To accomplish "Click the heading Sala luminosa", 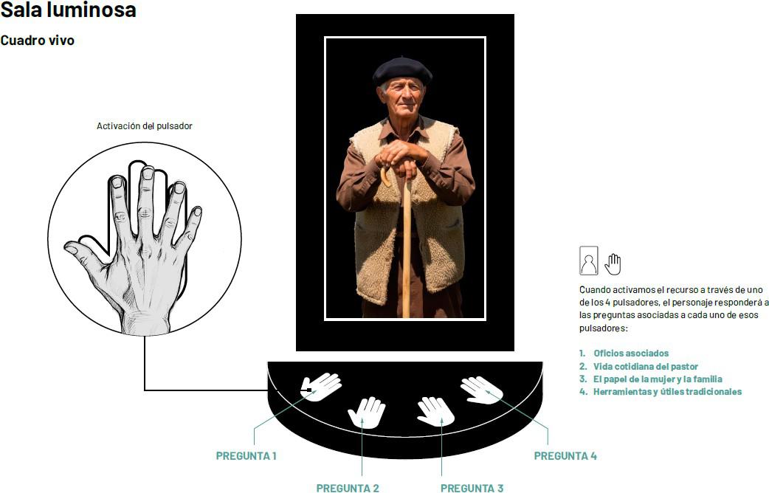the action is click(68, 10).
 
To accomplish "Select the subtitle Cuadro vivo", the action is click(38, 41).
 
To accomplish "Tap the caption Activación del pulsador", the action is click(144, 126).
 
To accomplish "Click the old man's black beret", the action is click(402, 71).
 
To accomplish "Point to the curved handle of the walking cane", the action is click(385, 176).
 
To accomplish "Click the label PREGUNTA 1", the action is click(246, 455).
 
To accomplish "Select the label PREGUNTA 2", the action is click(347, 488).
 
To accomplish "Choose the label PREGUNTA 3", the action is click(472, 488).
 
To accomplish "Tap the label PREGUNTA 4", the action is click(565, 455).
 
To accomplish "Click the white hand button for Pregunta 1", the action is click(321, 387).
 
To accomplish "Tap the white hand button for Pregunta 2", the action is click(366, 412).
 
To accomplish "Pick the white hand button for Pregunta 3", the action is click(435, 412).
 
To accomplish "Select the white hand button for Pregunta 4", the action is click(482, 390).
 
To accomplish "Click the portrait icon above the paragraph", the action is click(588, 261).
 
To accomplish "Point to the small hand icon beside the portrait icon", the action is click(613, 264).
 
